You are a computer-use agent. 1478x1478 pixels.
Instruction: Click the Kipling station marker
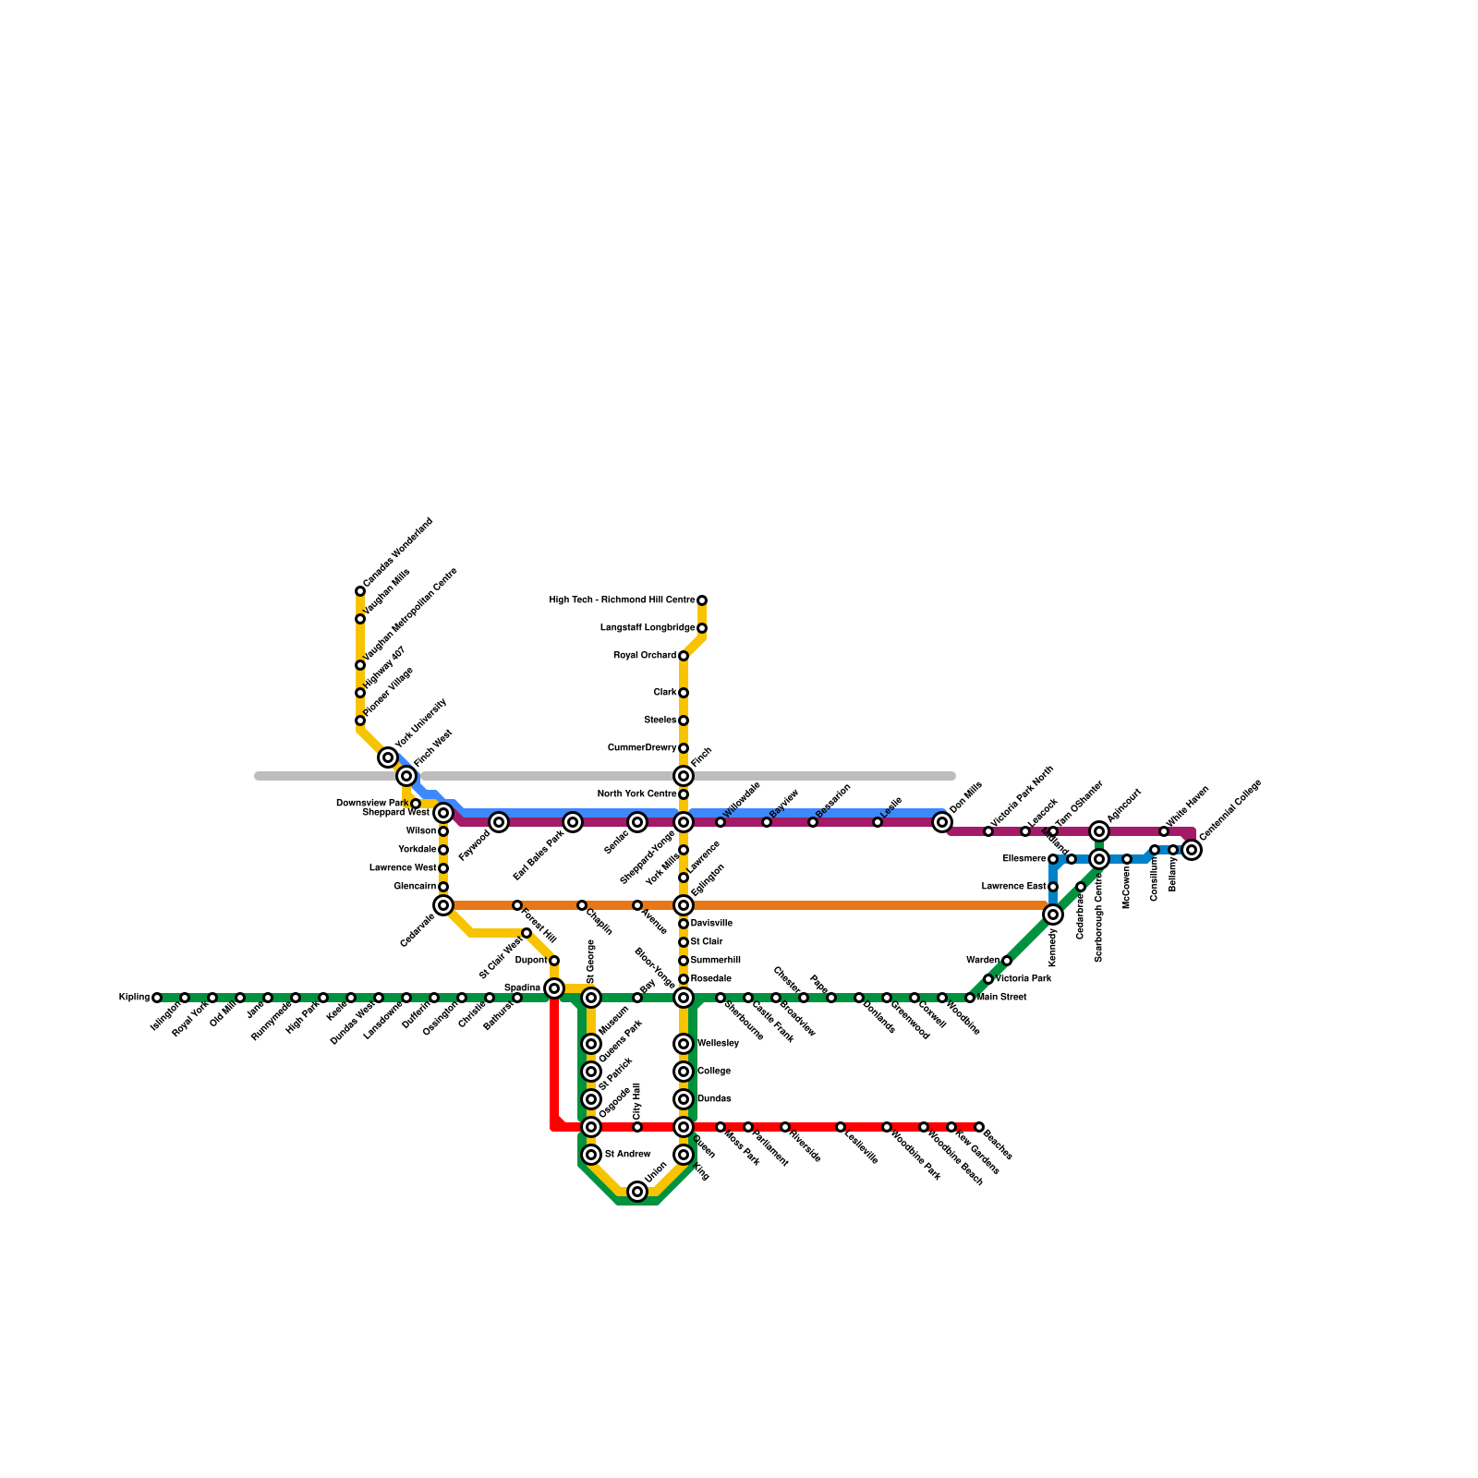pyautogui.click(x=157, y=998)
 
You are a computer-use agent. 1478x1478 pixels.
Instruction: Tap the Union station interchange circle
pyautogui.click(x=637, y=1192)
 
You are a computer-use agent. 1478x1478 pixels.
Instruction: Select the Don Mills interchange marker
pyautogui.click(x=942, y=822)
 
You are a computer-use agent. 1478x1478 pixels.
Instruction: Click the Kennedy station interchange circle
pyautogui.click(x=1053, y=915)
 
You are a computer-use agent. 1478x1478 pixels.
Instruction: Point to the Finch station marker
pyautogui.click(x=684, y=776)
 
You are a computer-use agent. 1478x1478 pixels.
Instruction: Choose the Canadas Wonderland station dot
pyautogui.click(x=360, y=591)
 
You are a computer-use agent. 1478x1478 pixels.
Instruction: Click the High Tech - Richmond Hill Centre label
pyautogui.click(x=622, y=600)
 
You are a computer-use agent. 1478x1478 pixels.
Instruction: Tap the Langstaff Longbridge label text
pyautogui.click(x=647, y=628)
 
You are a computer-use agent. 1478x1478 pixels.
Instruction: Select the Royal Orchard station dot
pyautogui.click(x=684, y=656)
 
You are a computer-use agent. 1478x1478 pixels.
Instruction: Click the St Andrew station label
pyautogui.click(x=627, y=1155)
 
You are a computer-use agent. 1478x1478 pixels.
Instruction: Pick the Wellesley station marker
pyautogui.click(x=684, y=1044)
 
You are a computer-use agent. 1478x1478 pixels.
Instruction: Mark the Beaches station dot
pyautogui.click(x=979, y=1127)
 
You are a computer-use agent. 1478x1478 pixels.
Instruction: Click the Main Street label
pyautogui.click(x=1002, y=998)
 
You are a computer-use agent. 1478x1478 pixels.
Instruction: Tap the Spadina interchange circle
pyautogui.click(x=554, y=988)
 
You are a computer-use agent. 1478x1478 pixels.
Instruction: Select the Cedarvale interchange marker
pyautogui.click(x=443, y=905)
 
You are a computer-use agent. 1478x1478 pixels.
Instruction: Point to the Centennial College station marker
pyautogui.click(x=1193, y=850)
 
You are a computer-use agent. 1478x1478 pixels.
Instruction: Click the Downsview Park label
pyautogui.click(x=371, y=804)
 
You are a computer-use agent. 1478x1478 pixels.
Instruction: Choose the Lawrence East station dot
pyautogui.click(x=1053, y=887)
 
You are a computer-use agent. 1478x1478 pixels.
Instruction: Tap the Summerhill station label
pyautogui.click(x=715, y=961)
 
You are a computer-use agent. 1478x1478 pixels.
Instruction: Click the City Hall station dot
pyautogui.click(x=637, y=1127)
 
